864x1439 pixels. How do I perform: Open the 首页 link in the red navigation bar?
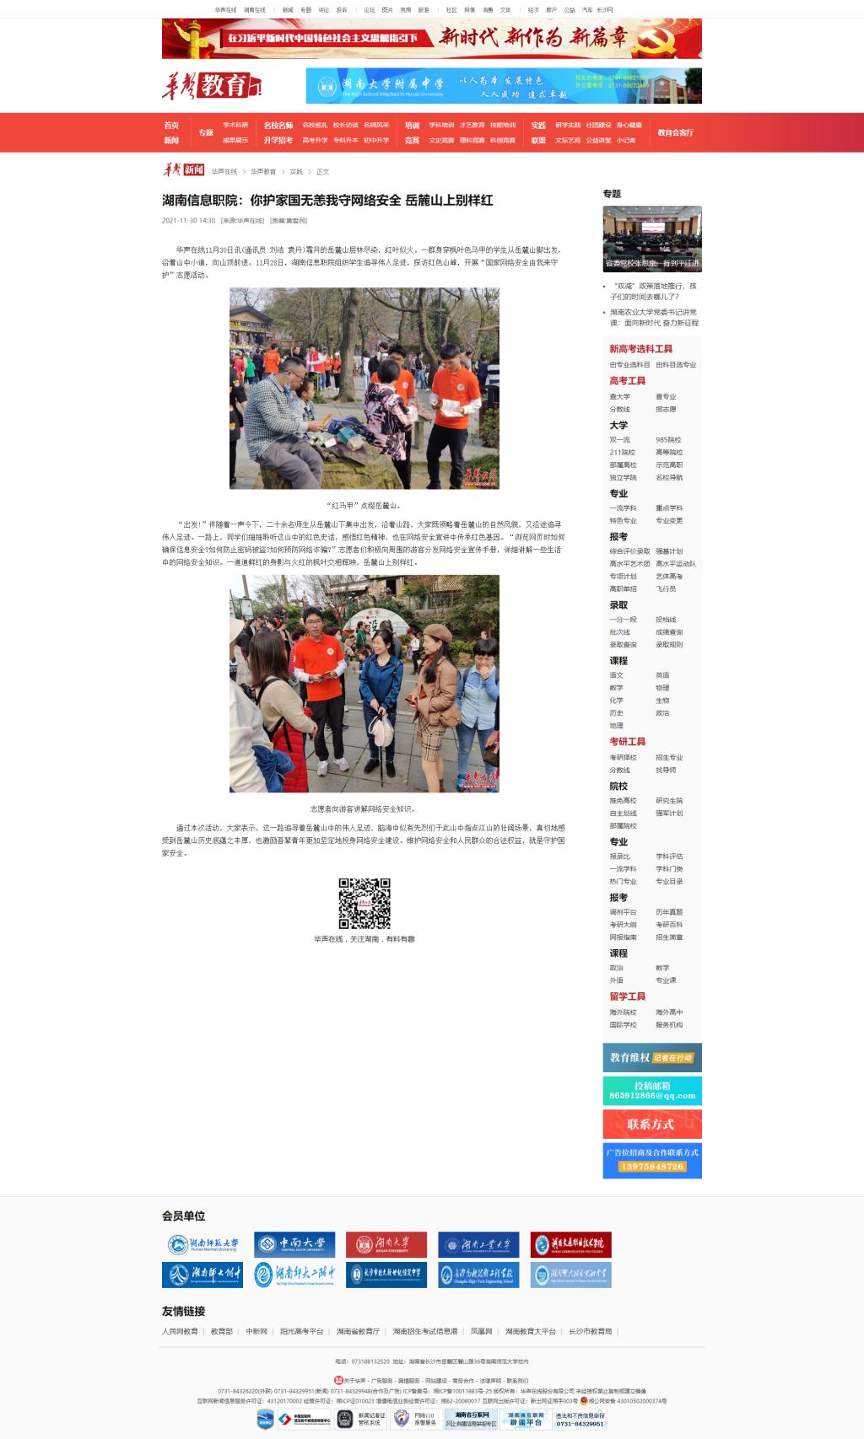(171, 126)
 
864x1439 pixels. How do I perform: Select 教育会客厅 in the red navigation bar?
(675, 132)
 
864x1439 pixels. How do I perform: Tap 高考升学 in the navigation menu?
(315, 140)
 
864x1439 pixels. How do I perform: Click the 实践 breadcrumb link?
(296, 172)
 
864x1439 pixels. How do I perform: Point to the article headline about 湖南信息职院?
(327, 201)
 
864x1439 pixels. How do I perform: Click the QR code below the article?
(364, 903)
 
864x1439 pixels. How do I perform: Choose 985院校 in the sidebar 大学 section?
(668, 440)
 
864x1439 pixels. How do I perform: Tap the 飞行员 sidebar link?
(666, 589)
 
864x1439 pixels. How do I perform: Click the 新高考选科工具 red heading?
(641, 349)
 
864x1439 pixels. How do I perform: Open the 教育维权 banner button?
(651, 1057)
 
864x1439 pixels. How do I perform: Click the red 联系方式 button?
(651, 1124)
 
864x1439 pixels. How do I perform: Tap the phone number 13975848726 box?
(651, 1167)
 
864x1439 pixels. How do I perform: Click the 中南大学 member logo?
(294, 1244)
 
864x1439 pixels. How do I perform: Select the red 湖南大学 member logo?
(386, 1244)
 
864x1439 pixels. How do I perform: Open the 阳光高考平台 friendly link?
(301, 1331)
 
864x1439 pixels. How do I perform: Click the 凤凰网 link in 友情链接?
(481, 1331)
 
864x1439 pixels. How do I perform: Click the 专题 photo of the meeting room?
(651, 239)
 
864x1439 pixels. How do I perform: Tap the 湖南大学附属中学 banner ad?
(503, 85)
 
